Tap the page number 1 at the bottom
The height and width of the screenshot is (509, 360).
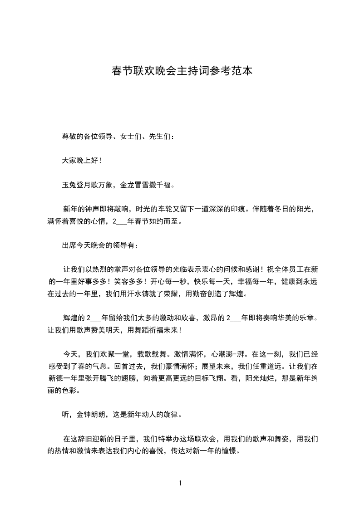(180, 483)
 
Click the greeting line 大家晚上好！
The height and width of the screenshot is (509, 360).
(82, 161)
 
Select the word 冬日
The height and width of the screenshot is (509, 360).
(285, 209)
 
